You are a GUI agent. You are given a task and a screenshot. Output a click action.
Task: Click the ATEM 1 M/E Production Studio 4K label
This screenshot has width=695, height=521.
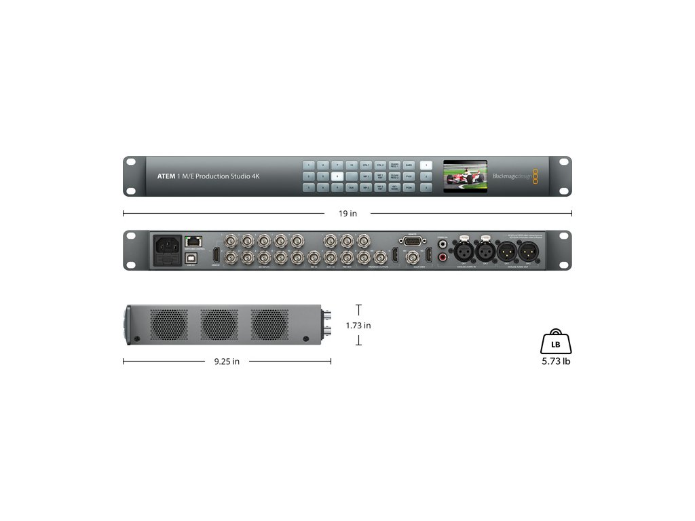click(x=204, y=176)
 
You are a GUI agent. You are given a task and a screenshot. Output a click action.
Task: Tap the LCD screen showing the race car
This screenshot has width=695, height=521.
click(x=465, y=176)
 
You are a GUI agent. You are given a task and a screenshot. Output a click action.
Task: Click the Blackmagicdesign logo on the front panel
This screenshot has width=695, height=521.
click(x=514, y=176)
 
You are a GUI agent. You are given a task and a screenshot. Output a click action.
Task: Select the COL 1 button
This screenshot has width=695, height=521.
click(x=366, y=165)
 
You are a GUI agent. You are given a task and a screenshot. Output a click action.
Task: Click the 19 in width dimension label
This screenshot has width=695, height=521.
click(x=347, y=214)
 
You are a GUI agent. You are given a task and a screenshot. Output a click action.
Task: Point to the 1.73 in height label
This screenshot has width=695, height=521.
click(x=358, y=326)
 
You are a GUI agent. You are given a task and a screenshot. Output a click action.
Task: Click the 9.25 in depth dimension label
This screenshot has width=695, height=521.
click(x=227, y=362)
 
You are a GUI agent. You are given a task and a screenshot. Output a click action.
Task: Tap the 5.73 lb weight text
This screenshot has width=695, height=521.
click(x=556, y=362)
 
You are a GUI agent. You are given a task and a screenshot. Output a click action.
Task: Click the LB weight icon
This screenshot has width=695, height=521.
click(x=556, y=343)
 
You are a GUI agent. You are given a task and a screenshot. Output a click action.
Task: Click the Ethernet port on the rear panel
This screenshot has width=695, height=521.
click(x=195, y=241)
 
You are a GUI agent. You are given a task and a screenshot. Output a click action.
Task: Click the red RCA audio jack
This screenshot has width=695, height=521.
click(x=443, y=257)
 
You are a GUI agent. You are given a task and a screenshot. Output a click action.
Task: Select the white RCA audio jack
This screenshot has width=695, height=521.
click(x=443, y=241)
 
